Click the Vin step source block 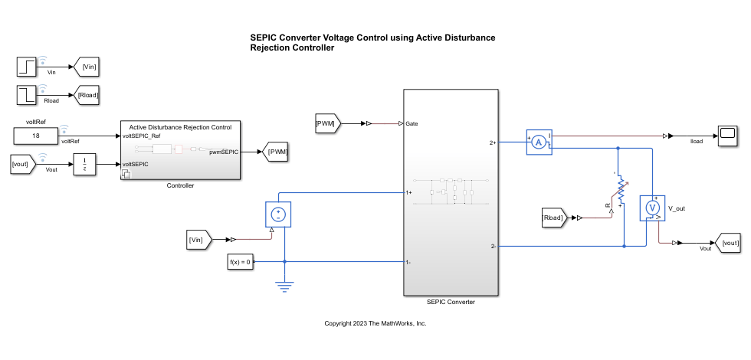(28, 67)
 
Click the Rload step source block (28, 95)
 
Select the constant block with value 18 (37, 136)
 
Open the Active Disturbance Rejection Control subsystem (180, 150)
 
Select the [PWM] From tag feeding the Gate (330, 122)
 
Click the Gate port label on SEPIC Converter (412, 123)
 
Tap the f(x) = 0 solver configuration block (241, 262)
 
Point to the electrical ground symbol (284, 287)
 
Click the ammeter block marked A (539, 142)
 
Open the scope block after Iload (727, 136)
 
